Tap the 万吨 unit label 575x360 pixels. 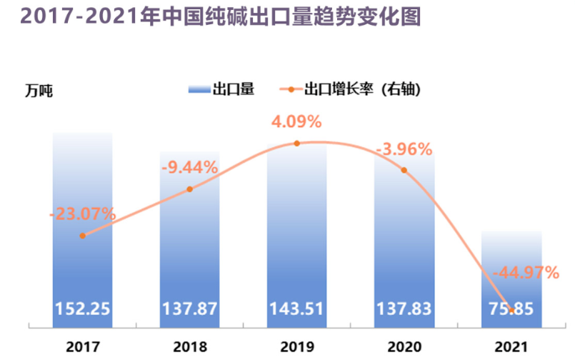(39, 91)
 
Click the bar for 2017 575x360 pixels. (83, 229)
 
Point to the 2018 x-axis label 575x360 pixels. (189, 346)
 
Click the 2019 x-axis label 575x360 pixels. (296, 346)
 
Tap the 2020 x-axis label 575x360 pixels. (404, 346)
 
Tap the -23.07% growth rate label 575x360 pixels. (83, 213)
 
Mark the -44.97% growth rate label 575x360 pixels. (525, 271)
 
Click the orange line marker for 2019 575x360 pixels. (296, 144)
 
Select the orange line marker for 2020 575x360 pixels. (404, 170)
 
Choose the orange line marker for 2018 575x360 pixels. (189, 189)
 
